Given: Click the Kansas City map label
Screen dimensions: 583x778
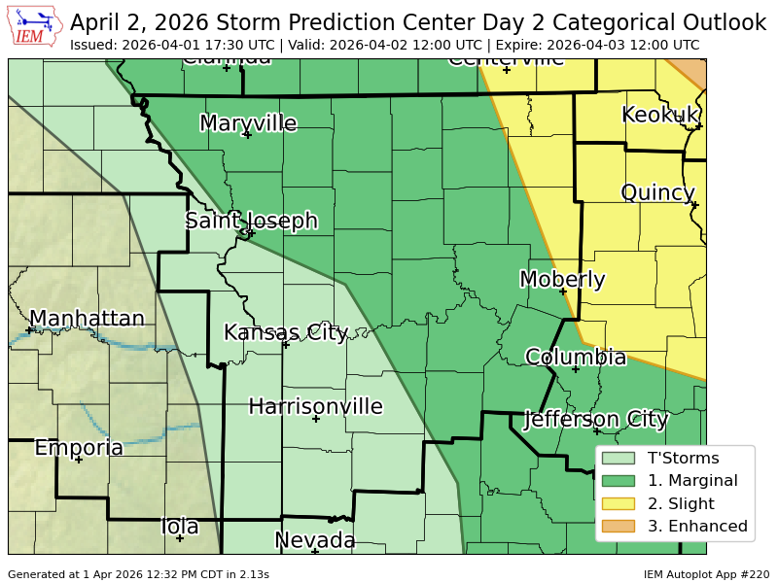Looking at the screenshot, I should pos(285,332).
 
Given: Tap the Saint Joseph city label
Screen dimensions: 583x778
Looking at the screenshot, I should pos(252,221).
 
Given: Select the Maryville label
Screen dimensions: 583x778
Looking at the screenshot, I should pos(248,123).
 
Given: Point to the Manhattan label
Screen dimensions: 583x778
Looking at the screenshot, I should pos(87,319).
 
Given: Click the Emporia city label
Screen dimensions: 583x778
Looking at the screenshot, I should pos(79,448).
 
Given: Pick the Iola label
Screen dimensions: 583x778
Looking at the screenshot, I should pos(180,527).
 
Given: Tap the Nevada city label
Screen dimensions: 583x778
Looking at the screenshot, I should pos(314,540).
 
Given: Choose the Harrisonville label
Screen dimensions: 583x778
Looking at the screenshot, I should pos(315,406).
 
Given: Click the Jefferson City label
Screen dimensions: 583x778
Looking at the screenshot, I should pos(595,420).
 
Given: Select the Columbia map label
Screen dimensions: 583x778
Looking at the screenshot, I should pos(576,358).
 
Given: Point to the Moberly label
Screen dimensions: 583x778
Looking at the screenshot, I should pos(562,280).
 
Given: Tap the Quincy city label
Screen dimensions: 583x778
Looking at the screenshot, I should pos(657,193).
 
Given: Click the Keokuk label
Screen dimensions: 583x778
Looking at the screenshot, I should pos(660,115).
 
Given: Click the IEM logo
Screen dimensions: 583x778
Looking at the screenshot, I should pos(36,26).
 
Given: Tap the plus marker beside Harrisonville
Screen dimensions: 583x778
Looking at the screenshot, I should pos(316,419).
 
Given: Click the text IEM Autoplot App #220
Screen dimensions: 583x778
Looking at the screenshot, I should pos(706,574).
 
